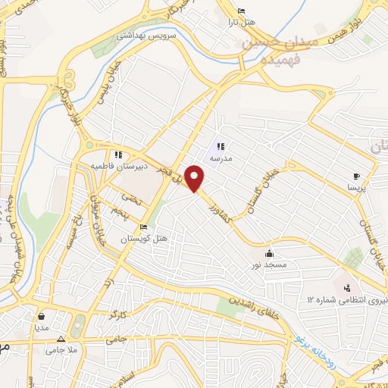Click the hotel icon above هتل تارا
tap(241, 10)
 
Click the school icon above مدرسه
tap(221, 147)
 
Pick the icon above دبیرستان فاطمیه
tap(118, 154)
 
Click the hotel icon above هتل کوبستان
tap(142, 227)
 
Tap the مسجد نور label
tap(270, 264)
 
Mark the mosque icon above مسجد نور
tap(270, 253)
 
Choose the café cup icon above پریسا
tap(356, 176)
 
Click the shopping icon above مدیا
tap(39, 316)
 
